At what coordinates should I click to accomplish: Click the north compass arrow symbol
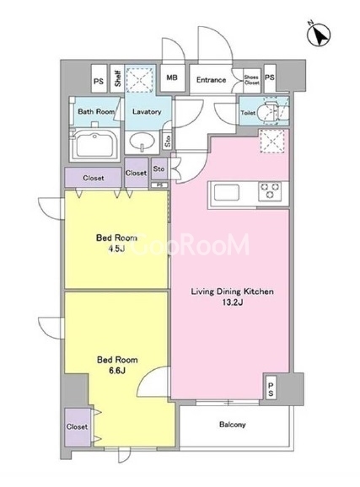[x=319, y=34]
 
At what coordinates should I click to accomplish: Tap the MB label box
[x=172, y=78]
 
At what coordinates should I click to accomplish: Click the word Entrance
[x=211, y=80]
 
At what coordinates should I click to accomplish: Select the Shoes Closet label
[x=251, y=80]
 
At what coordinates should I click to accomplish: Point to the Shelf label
[x=117, y=78]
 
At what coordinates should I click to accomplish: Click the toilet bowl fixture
[x=275, y=111]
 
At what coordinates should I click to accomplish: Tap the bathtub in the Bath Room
[x=96, y=145]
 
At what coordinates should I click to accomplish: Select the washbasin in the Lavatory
[x=142, y=142]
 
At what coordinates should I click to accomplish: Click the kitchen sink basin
[x=227, y=193]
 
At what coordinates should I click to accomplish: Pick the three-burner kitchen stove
[x=270, y=191]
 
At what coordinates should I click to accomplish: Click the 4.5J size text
[x=116, y=249]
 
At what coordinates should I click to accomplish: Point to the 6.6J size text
[x=117, y=370]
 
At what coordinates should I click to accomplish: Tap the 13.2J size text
[x=232, y=302]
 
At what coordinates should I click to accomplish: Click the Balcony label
[x=232, y=425]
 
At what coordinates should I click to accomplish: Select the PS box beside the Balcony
[x=271, y=389]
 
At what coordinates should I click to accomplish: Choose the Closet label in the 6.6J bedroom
[x=77, y=426]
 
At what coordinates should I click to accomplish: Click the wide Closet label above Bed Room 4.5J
[x=94, y=178]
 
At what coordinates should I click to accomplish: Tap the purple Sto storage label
[x=159, y=169]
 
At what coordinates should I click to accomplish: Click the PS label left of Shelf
[x=99, y=82]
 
